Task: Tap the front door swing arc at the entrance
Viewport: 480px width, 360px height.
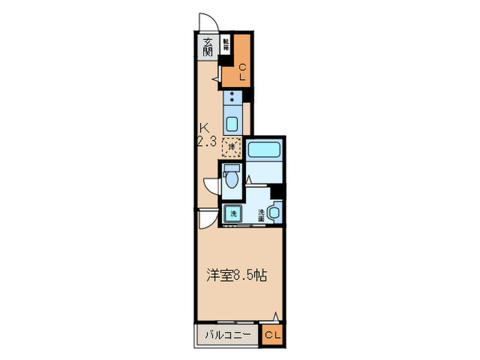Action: (206, 22)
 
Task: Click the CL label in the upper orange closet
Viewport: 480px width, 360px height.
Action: (241, 71)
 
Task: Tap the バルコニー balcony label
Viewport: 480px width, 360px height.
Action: (228, 335)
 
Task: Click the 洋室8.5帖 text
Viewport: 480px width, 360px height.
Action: (237, 276)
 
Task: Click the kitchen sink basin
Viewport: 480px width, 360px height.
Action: (232, 125)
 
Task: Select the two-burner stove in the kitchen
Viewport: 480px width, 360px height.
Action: (232, 98)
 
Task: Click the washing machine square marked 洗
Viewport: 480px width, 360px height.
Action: (232, 213)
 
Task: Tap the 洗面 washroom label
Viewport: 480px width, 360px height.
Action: (261, 213)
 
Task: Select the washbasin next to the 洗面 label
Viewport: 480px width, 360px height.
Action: (276, 213)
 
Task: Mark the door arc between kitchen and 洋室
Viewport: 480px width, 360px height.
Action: (204, 219)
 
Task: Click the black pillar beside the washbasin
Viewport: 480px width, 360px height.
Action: (277, 193)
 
